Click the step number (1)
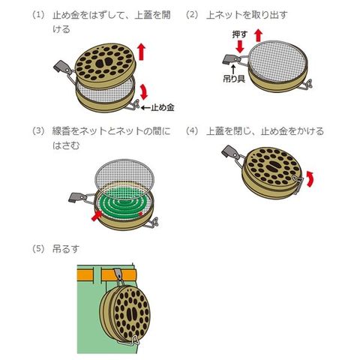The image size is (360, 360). (38, 15)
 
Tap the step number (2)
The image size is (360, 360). (192, 15)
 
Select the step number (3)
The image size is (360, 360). (38, 131)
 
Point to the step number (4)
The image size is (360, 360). (192, 131)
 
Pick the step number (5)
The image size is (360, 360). (38, 249)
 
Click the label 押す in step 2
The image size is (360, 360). (239, 34)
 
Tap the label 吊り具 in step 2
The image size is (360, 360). (234, 79)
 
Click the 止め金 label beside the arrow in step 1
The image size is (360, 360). (163, 108)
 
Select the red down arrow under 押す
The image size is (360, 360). (240, 46)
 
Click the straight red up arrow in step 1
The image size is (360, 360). (142, 52)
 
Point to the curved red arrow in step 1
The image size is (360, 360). (144, 91)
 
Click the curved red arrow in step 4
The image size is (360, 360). (310, 178)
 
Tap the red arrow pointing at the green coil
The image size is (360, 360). (97, 216)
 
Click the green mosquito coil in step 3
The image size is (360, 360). (121, 205)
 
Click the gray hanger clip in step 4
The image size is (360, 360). (229, 152)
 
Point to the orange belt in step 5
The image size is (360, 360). (106, 275)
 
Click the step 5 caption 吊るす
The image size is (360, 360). (66, 249)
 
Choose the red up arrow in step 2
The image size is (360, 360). (259, 35)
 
